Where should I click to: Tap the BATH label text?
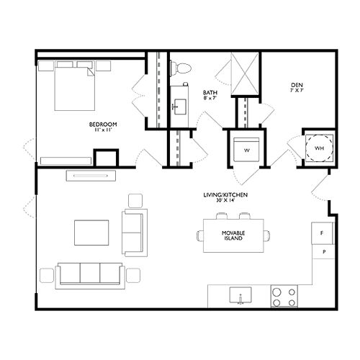click(210, 92)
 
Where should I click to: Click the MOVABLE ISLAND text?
click(233, 235)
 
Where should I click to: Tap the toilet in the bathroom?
click(180, 68)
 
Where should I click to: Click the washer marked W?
click(246, 149)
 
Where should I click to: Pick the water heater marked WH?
click(318, 149)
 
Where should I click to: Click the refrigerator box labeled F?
click(323, 234)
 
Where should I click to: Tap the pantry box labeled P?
click(323, 252)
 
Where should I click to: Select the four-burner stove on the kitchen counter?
click(285, 295)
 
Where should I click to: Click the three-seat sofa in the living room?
click(91, 274)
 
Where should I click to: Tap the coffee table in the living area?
click(91, 233)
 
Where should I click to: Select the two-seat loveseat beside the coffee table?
click(134, 233)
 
